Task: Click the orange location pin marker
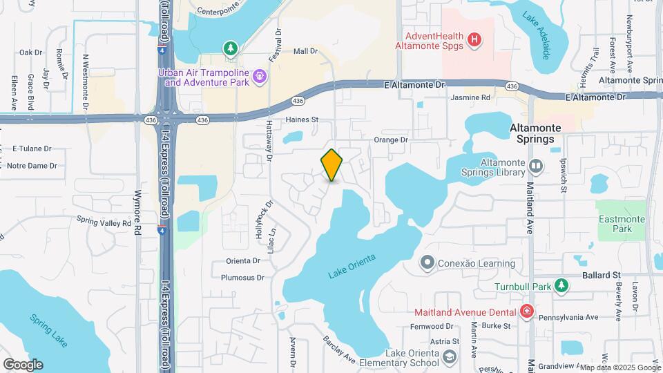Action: point(331,165)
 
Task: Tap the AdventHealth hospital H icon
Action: point(474,39)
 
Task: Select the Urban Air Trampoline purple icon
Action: point(260,75)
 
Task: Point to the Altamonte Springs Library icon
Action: point(537,165)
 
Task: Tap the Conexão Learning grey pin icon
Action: point(427,263)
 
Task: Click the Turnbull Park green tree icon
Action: point(562,285)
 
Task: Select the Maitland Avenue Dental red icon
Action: point(527,312)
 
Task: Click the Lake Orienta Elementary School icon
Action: point(450,356)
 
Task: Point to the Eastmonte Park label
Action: point(623,224)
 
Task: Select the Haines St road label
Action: point(301,119)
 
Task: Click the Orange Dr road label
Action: point(391,140)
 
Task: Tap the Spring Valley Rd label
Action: point(104,222)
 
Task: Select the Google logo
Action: point(23,364)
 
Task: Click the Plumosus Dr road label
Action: point(242,278)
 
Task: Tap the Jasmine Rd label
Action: point(470,98)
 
